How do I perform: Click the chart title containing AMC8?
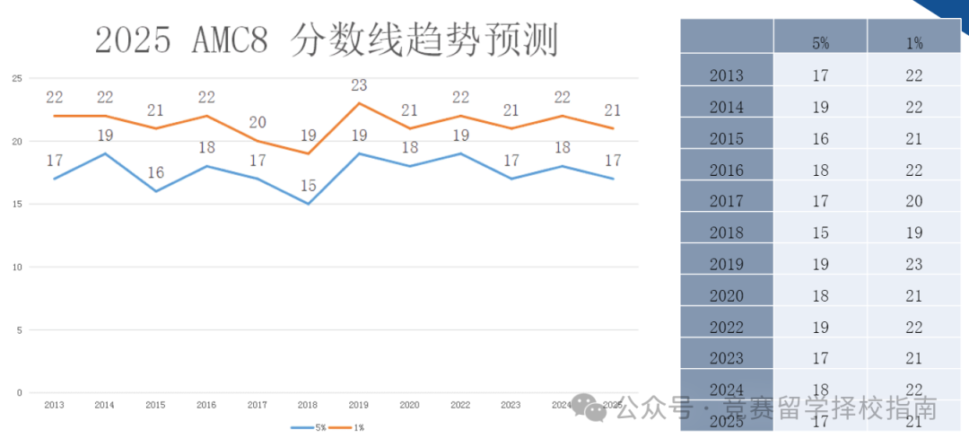point(327,40)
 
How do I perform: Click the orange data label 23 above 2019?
point(359,86)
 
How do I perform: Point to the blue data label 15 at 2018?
point(308,186)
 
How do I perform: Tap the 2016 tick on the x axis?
point(205,405)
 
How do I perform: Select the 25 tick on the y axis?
point(16,78)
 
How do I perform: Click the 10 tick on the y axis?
point(16,267)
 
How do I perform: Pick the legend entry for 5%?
point(310,427)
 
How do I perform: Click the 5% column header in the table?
point(820,42)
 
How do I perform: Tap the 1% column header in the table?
point(914,42)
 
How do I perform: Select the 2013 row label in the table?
point(726,76)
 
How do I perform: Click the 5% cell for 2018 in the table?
point(820,233)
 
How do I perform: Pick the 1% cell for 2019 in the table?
point(914,265)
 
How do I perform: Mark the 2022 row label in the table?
point(726,328)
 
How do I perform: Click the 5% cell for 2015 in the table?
point(820,139)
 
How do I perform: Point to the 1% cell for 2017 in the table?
point(914,202)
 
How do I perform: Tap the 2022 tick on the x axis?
point(460,405)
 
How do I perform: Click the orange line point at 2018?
point(308,153)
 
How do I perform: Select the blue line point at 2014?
point(105,153)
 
